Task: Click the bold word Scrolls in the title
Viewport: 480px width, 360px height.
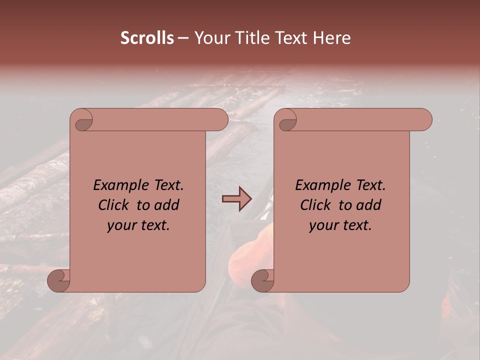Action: (147, 38)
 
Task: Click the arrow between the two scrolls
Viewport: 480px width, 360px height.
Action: (236, 199)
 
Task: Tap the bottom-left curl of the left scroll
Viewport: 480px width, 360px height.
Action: (59, 280)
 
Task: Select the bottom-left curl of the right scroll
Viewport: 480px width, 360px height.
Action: (262, 280)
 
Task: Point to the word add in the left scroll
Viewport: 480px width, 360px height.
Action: (167, 205)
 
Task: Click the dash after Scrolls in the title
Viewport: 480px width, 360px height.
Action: (183, 38)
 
